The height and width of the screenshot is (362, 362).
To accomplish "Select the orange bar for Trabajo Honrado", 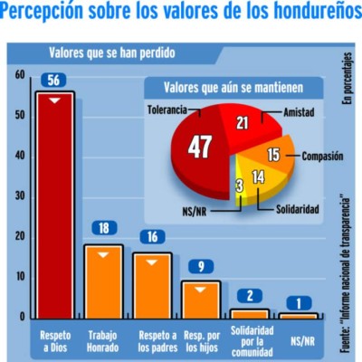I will point(103,281).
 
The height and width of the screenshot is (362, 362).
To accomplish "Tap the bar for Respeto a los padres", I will point(152,284).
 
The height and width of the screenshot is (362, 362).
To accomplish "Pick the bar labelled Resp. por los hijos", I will point(201,299).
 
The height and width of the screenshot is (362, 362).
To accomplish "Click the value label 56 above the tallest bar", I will point(54,81).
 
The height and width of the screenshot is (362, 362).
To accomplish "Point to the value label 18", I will point(103,228).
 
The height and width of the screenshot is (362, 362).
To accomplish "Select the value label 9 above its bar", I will point(201,266).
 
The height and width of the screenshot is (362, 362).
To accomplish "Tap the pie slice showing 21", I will point(242,124).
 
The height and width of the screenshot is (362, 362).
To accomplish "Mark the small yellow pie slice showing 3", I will point(238,185).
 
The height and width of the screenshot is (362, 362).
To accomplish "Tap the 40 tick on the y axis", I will point(20,155).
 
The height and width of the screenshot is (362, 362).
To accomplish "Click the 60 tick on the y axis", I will point(20,74).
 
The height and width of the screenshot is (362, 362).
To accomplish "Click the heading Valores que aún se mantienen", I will point(233,88).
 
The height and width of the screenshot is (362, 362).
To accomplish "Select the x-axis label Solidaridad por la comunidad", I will point(250,340).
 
